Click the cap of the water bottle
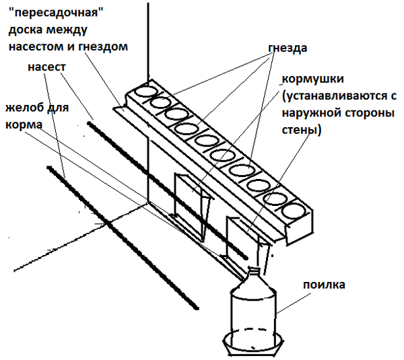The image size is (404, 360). point(254,272)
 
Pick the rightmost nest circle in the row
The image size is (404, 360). point(295,212)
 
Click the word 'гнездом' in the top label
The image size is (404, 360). point(104,46)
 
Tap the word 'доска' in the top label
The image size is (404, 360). point(26,30)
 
